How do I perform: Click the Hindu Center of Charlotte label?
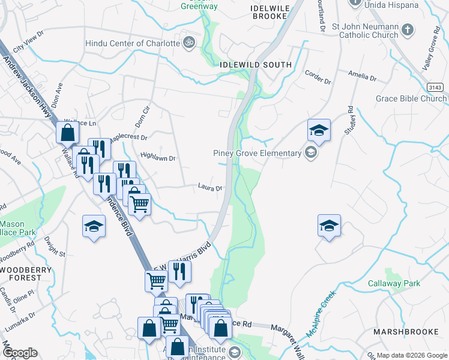tap(133, 43)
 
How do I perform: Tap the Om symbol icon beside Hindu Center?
tap(190, 43)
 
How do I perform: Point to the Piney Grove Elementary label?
tap(257, 153)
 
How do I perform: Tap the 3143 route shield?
tap(436, 88)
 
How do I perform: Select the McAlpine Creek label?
tap(320, 314)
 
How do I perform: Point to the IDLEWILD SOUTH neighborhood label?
tap(256, 64)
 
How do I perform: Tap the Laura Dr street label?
tap(210, 187)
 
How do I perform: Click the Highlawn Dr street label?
tap(157, 158)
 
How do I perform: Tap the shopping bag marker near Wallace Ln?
tap(67, 132)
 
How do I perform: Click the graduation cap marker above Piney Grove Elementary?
tap(319, 130)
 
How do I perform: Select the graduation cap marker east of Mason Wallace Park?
tap(93, 226)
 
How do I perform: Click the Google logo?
tap(20, 353)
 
